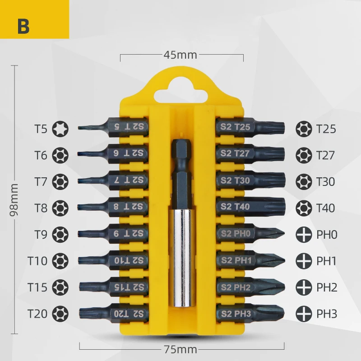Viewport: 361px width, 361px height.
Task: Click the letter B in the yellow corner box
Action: pos(23,26)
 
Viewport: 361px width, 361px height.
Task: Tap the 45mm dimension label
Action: pos(180,55)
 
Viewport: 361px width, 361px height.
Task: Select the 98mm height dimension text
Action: pos(14,199)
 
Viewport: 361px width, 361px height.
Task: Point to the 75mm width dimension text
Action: pos(180,349)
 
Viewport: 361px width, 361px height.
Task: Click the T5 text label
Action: pos(41,129)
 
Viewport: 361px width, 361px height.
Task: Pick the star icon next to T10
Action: pos(60,261)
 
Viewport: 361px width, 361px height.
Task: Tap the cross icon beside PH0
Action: pos(304,234)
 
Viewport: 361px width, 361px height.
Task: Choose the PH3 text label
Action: pos(327,314)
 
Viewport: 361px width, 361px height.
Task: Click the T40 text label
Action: pos(325,208)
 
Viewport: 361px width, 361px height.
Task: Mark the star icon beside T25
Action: pos(304,129)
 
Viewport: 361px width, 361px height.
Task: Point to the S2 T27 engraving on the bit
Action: pos(235,153)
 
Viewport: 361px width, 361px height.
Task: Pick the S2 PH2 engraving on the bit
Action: pos(236,287)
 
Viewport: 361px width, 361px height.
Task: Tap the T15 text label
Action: pos(37,287)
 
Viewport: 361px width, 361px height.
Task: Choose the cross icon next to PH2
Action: pos(304,287)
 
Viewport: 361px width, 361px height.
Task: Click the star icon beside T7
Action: pos(60,182)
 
